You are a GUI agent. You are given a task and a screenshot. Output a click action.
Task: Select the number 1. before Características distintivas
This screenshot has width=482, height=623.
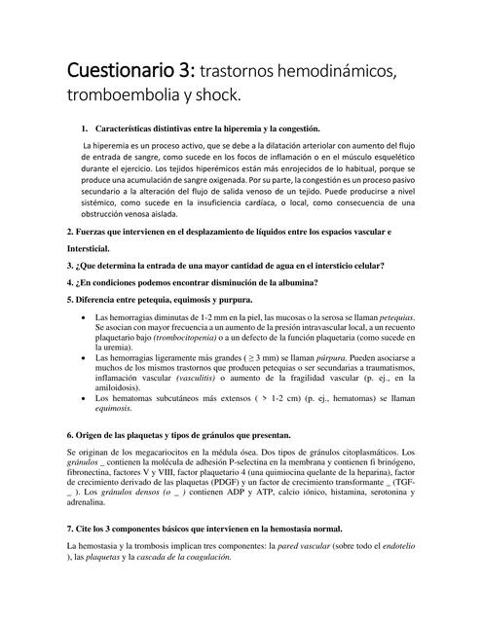coord(86,128)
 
